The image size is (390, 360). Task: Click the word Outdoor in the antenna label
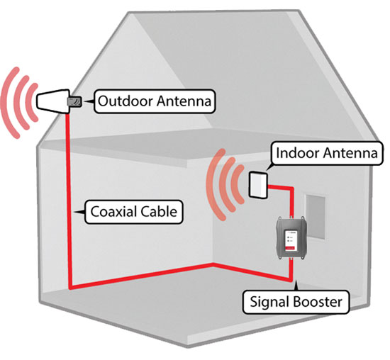(126, 101)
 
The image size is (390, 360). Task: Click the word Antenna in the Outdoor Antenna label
(184, 101)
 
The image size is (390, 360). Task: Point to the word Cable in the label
(159, 212)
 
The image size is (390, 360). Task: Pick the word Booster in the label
(318, 302)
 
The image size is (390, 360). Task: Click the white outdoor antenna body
(52, 101)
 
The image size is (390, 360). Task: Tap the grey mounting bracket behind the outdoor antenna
(74, 101)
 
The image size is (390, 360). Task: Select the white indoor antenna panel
(258, 185)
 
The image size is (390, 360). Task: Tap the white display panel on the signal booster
(290, 239)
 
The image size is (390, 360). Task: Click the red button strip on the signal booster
(290, 247)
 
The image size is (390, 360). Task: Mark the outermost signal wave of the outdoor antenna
(6, 103)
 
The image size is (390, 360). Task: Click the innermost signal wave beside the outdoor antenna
(30, 103)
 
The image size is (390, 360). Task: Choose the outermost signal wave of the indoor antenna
(211, 184)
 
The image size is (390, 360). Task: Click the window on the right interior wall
(316, 217)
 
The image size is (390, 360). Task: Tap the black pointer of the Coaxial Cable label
(80, 212)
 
